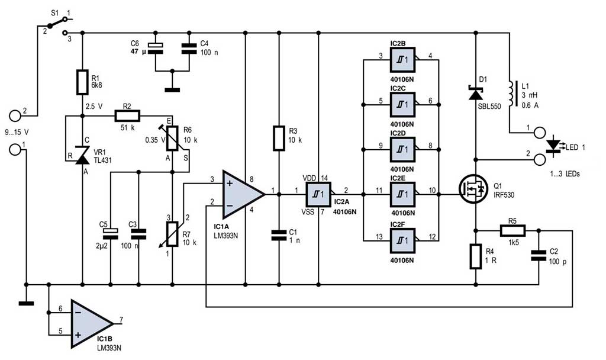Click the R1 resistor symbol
click(82, 82)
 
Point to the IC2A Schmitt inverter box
click(319, 194)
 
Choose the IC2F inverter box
click(402, 241)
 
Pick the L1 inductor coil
click(512, 94)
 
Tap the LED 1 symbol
click(554, 147)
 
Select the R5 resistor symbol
click(513, 232)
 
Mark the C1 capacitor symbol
click(279, 236)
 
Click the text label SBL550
click(489, 107)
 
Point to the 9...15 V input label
click(17, 132)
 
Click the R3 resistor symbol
click(279, 137)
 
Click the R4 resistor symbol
click(476, 256)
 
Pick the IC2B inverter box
click(402, 60)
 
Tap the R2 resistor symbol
click(127, 115)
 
